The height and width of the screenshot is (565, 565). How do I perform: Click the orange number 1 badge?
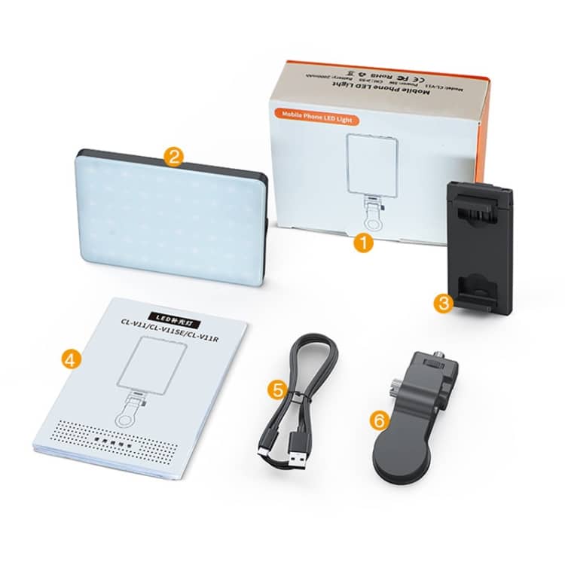(x=364, y=243)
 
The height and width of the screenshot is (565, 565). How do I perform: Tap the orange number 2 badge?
(x=173, y=157)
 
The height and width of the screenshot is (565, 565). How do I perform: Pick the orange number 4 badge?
(x=69, y=360)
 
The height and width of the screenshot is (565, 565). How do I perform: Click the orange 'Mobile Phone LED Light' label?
(x=319, y=118)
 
